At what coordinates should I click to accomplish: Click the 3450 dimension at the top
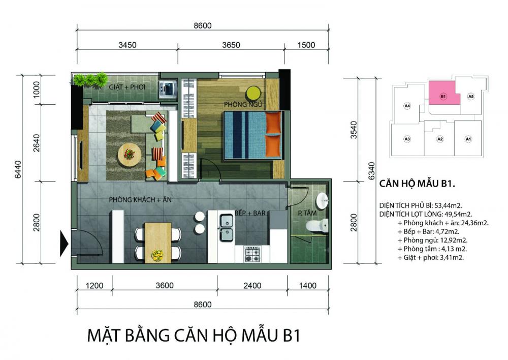[128, 44]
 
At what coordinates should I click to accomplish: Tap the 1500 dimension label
[306, 44]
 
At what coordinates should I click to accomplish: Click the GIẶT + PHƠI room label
[127, 87]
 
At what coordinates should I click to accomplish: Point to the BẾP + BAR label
[250, 214]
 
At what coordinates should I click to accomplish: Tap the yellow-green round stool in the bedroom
[252, 93]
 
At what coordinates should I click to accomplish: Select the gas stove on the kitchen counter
[253, 254]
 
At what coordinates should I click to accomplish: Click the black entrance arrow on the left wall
[64, 244]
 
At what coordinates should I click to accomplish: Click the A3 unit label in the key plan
[407, 139]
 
